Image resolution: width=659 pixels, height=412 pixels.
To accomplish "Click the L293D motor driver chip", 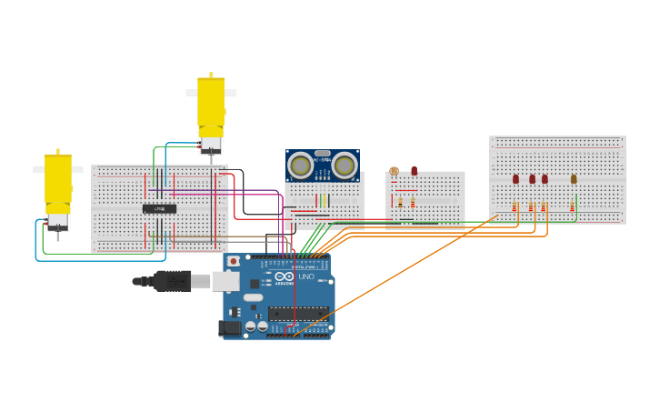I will coord(159,209).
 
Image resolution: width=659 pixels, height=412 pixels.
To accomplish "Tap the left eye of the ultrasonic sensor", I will coord(300,166).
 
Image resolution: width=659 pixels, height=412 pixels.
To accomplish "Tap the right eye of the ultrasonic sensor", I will coord(344,166).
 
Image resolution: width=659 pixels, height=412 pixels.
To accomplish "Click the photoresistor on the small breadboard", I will coord(394,171).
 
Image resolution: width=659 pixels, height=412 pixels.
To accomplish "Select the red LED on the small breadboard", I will coord(414,170).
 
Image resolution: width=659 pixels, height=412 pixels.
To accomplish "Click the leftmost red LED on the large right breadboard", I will coord(515,179).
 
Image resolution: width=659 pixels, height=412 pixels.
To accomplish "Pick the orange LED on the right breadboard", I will coord(574,179).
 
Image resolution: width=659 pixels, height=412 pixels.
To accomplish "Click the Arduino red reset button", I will coord(234,261).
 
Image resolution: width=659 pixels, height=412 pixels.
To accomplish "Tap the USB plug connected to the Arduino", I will coord(182,281).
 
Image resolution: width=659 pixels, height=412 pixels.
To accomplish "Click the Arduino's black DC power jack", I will coord(230,327).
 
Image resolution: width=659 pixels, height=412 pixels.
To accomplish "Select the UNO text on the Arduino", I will coord(305,276).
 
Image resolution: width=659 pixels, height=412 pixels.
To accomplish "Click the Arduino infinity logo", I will coord(285,276).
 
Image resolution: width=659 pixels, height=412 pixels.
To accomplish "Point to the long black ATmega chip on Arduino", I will coord(298,314).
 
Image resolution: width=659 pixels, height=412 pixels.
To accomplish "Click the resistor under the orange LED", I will coord(572,207).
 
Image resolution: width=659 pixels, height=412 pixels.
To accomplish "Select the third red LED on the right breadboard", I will coord(544,179).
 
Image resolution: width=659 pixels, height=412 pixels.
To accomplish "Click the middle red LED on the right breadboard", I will coord(532,179).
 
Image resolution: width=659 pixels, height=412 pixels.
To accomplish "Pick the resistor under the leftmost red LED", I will coord(514,207).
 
